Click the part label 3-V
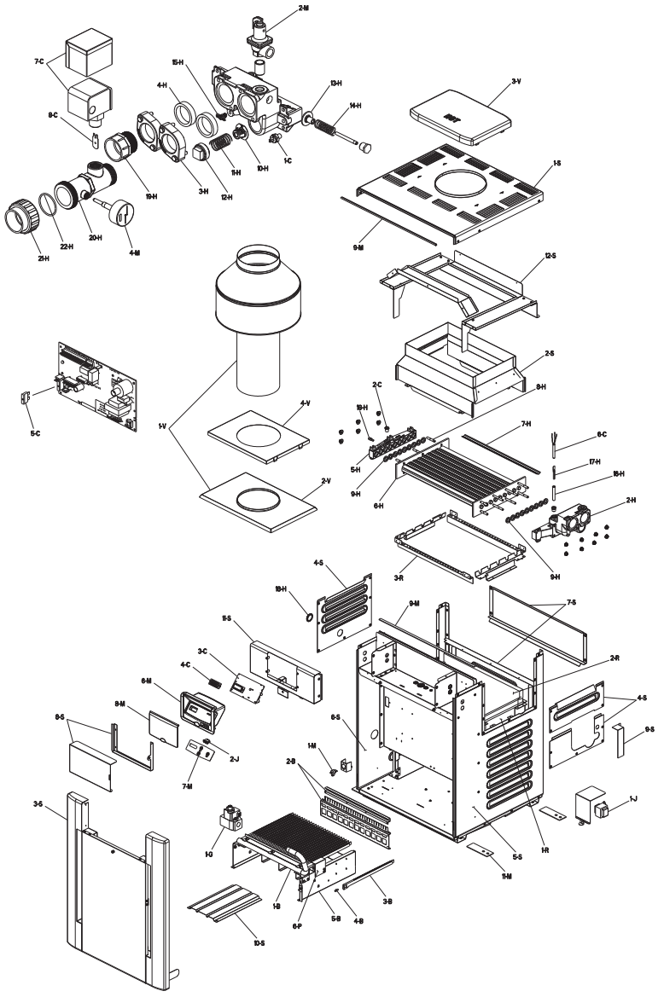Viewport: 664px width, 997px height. pyautogui.click(x=516, y=82)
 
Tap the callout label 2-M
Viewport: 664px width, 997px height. pyautogui.click(x=305, y=9)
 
